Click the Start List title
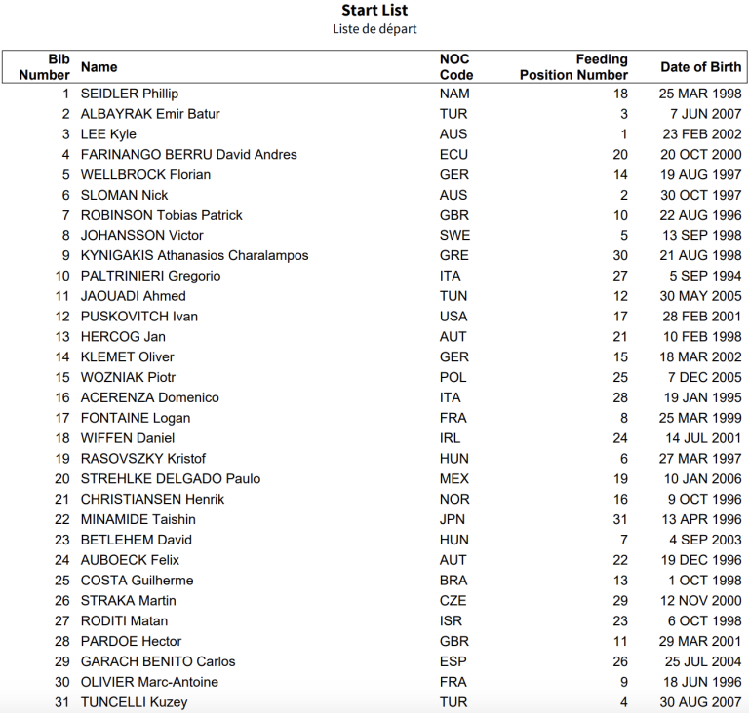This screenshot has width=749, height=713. click(x=374, y=11)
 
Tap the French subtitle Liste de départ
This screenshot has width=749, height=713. click(x=374, y=29)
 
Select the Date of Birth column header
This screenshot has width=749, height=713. click(x=700, y=67)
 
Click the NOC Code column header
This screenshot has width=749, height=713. click(x=456, y=67)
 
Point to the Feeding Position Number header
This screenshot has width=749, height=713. click(x=573, y=67)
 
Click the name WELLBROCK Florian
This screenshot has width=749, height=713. click(x=145, y=175)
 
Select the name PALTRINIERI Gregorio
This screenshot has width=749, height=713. click(x=150, y=276)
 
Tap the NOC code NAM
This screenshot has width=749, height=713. click(x=454, y=94)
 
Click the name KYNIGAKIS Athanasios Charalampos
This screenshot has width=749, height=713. click(x=194, y=256)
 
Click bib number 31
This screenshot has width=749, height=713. click(x=62, y=702)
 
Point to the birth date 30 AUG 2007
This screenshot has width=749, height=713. click(x=700, y=702)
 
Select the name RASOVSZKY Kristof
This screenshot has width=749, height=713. click(x=143, y=459)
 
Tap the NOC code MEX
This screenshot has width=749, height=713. click(x=454, y=479)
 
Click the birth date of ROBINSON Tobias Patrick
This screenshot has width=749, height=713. click(x=700, y=215)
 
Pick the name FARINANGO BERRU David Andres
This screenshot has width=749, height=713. click(x=188, y=155)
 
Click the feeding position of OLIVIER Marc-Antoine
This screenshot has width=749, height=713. click(x=623, y=682)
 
